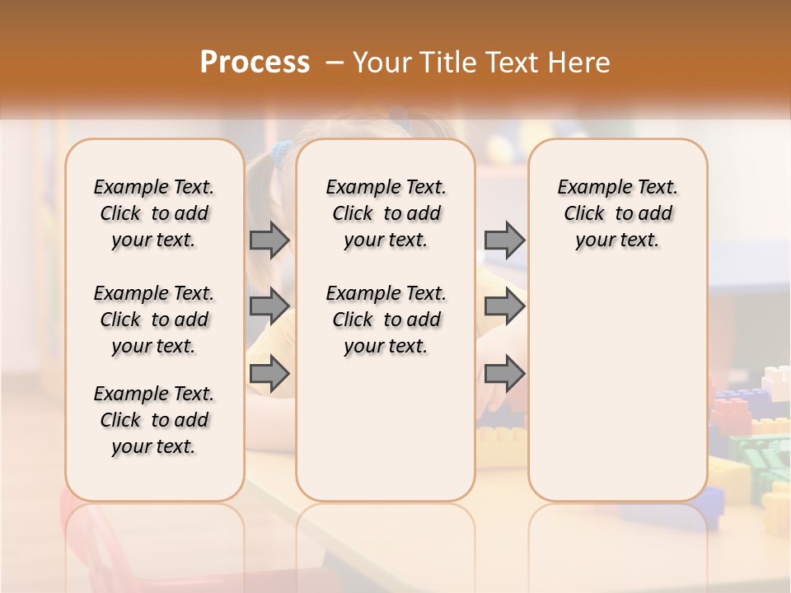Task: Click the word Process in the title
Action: click(x=255, y=63)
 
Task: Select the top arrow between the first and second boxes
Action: click(x=269, y=240)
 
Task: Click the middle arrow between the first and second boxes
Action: click(x=269, y=306)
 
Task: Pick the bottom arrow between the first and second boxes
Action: click(x=269, y=374)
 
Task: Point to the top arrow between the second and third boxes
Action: click(x=504, y=240)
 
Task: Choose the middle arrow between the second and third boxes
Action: click(x=504, y=306)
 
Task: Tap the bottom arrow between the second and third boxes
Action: click(x=504, y=374)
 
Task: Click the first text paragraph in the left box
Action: click(x=154, y=213)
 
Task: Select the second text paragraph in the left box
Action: click(x=154, y=320)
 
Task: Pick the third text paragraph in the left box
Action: click(x=154, y=420)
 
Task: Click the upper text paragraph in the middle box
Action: click(x=386, y=213)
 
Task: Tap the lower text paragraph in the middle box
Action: click(x=386, y=320)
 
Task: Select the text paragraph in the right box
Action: click(x=618, y=213)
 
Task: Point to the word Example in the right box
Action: click(x=587, y=188)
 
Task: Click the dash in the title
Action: click(x=334, y=63)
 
